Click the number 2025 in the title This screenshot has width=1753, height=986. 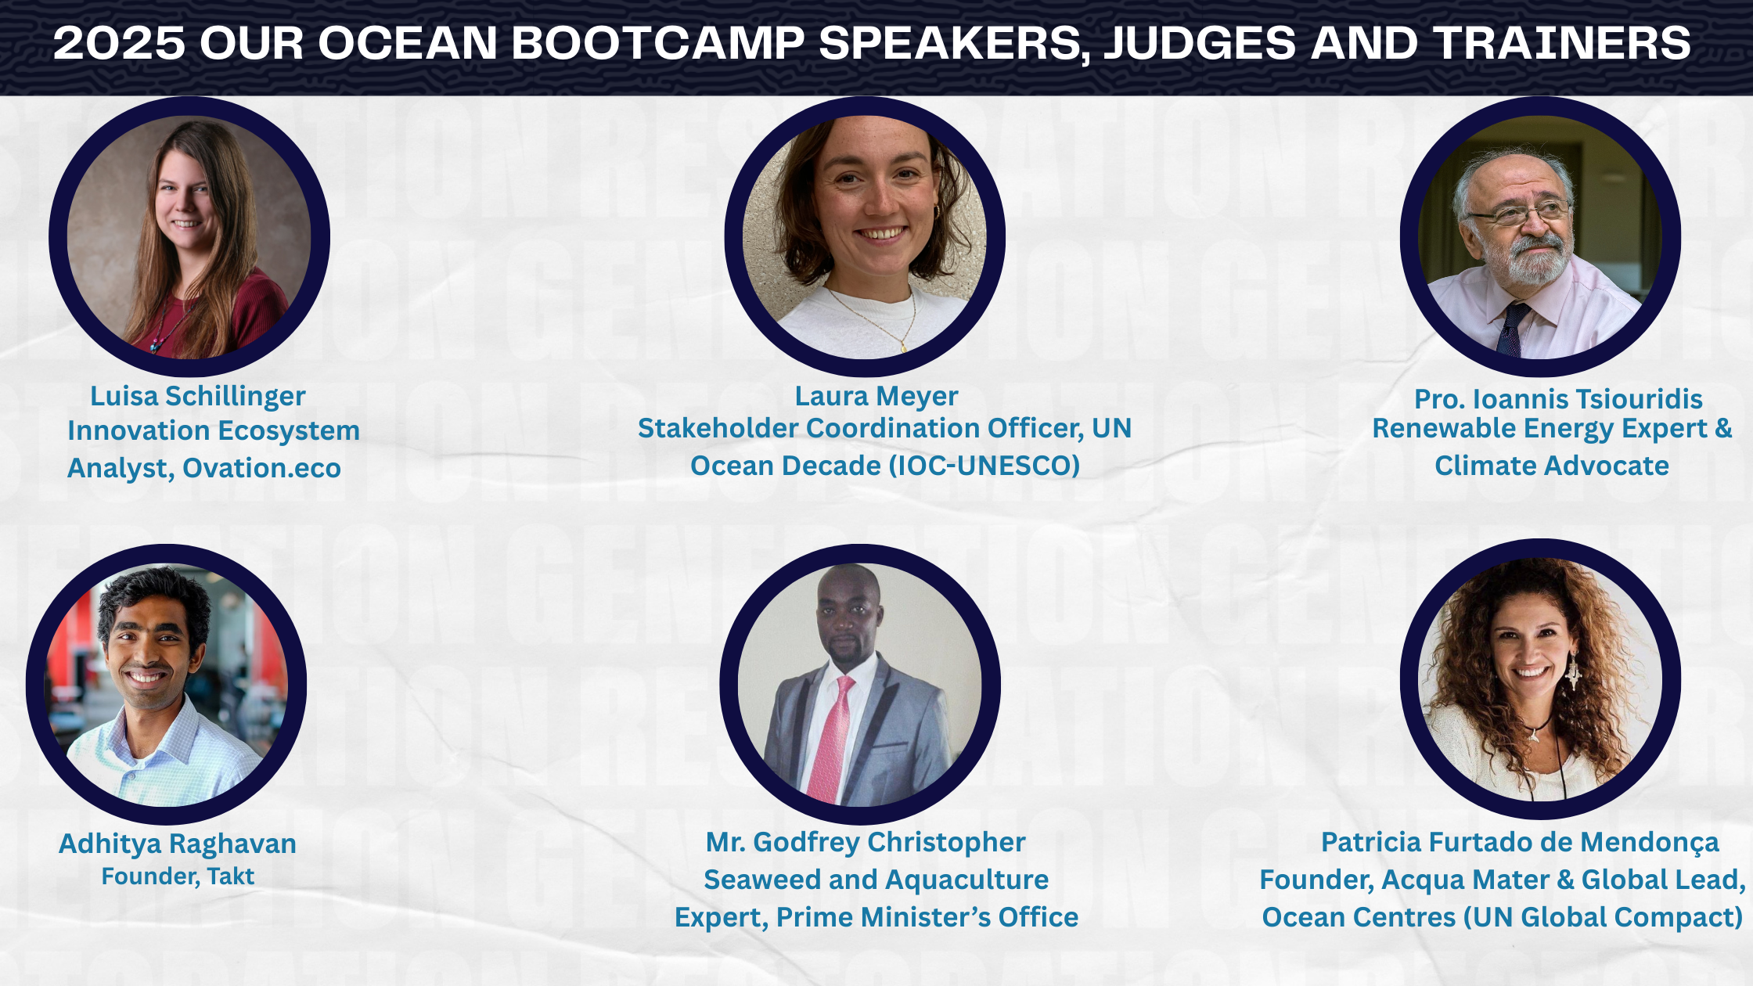click(120, 43)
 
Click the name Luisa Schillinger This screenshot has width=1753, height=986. click(198, 396)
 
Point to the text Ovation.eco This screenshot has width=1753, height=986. click(261, 468)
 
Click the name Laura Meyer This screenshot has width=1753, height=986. click(876, 396)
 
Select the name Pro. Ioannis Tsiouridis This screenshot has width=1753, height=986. click(1558, 399)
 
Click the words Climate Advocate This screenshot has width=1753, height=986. click(1552, 466)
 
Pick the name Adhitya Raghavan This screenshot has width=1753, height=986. click(178, 844)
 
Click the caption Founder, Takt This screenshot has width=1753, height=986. click(178, 876)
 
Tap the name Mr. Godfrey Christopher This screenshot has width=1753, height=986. click(866, 842)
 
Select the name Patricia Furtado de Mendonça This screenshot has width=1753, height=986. click(1520, 842)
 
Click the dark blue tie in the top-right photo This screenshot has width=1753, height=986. click(1513, 329)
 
